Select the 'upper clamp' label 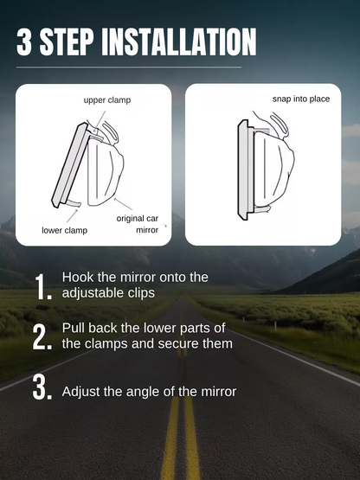pyautogui.click(x=107, y=100)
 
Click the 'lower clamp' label pyautogui.click(x=63, y=231)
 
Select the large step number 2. pyautogui.click(x=42, y=337)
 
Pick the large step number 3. pyautogui.click(x=42, y=388)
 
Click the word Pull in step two pyautogui.click(x=74, y=328)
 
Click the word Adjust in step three pyautogui.click(x=81, y=392)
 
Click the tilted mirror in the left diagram pyautogui.click(x=73, y=164)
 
